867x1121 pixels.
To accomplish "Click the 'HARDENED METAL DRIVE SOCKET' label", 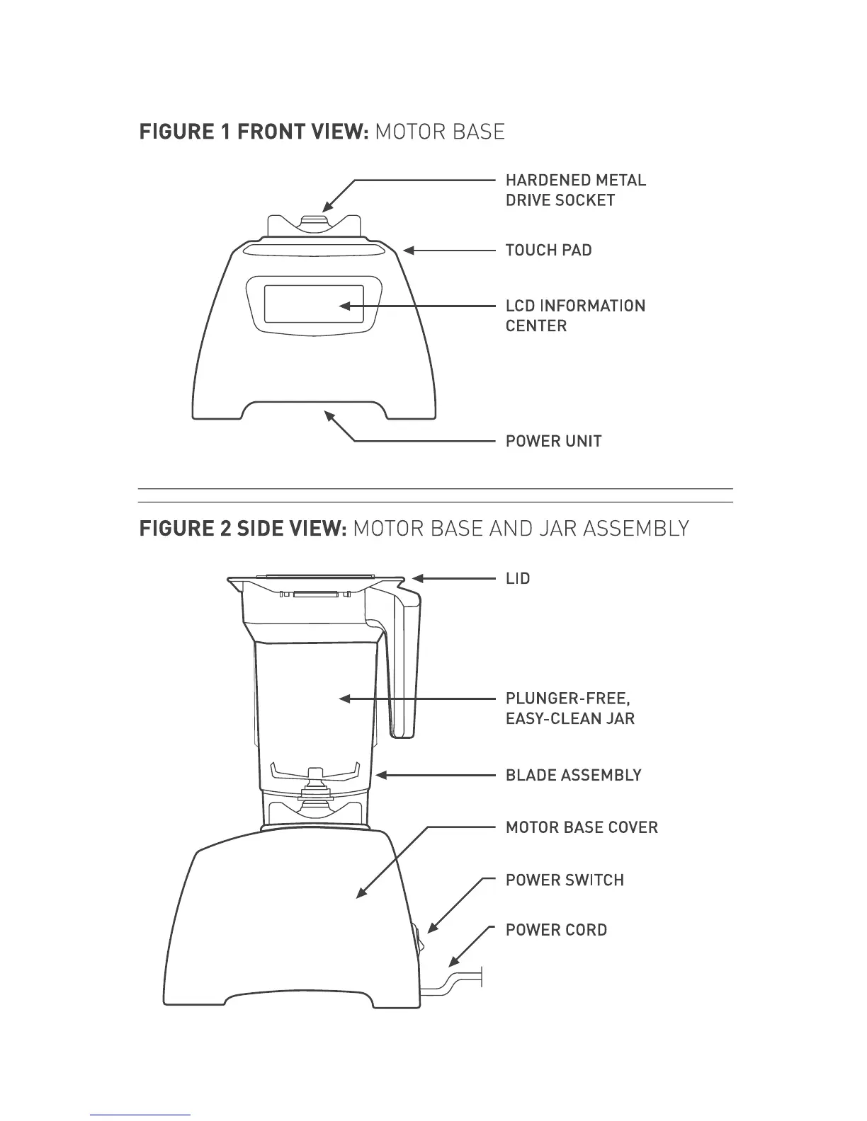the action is tap(575, 190).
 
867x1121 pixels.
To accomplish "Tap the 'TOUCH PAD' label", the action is tap(548, 251).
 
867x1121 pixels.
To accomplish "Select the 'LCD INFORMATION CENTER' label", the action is tap(575, 316).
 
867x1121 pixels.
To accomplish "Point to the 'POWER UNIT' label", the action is tap(553, 442).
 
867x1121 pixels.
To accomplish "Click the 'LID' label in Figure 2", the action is tap(518, 579).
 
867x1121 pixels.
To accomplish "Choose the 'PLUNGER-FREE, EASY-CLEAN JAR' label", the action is tap(569, 709).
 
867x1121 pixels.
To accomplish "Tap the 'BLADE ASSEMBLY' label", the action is tap(573, 776).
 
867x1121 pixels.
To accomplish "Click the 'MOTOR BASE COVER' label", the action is tap(582, 827).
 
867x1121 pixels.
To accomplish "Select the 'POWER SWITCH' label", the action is tap(565, 880).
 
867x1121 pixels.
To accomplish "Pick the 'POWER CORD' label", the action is tap(556, 930).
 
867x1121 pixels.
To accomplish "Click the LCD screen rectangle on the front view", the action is tap(314, 304).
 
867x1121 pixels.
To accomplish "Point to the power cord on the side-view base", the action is tap(453, 984).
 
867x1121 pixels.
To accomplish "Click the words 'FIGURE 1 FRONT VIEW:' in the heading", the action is tap(253, 132).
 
